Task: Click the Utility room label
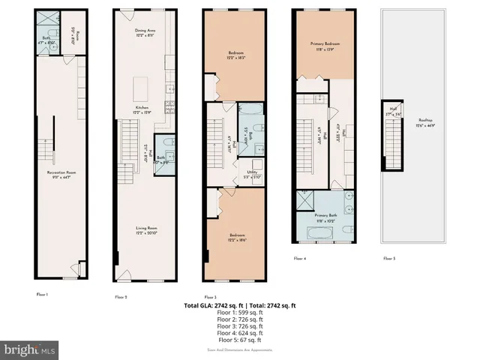click(253, 173)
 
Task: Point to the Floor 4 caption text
click(301, 258)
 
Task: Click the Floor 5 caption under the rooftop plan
click(389, 258)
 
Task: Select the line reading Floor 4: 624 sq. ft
click(240, 333)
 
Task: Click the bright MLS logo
click(30, 349)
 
